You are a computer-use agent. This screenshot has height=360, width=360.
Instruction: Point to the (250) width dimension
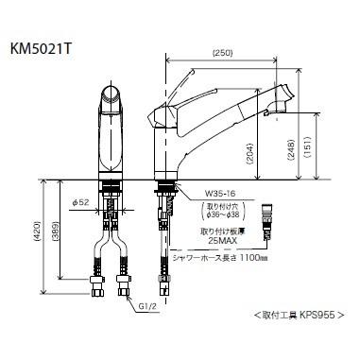pos(224,52)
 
